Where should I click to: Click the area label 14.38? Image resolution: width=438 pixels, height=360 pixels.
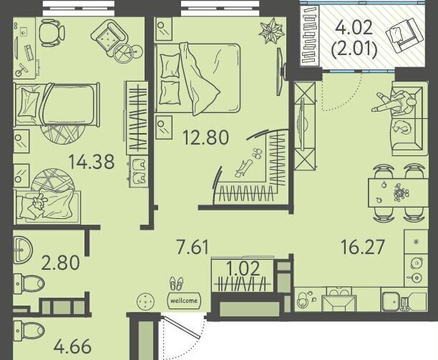pyautogui.click(x=92, y=162)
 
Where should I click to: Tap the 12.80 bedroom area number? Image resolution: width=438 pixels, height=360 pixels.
pyautogui.click(x=205, y=137)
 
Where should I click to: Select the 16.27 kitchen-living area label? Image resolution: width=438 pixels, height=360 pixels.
pyautogui.click(x=363, y=247)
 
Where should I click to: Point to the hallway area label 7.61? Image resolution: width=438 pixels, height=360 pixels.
pyautogui.click(x=193, y=247)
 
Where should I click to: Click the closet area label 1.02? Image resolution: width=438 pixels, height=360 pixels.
pyautogui.click(x=243, y=269)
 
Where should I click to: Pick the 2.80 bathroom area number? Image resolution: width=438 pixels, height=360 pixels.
pyautogui.click(x=60, y=263)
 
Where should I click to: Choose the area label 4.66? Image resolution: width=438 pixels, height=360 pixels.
pyautogui.click(x=72, y=346)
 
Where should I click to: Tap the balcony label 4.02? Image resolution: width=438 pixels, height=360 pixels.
pyautogui.click(x=354, y=28)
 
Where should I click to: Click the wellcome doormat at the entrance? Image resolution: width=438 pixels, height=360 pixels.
pyautogui.click(x=184, y=301)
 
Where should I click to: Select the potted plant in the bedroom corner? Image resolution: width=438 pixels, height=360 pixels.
pyautogui.click(x=271, y=31)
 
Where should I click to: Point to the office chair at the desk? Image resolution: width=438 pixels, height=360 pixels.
pyautogui.click(x=52, y=32)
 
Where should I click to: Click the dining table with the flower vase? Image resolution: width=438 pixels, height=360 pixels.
pyautogui.click(x=398, y=193)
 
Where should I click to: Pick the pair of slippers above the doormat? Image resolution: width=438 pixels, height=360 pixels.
pyautogui.click(x=177, y=283)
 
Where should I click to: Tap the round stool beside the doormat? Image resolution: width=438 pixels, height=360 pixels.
pyautogui.click(x=145, y=301)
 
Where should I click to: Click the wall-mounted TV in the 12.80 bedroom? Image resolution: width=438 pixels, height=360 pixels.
pyautogui.click(x=281, y=72)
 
